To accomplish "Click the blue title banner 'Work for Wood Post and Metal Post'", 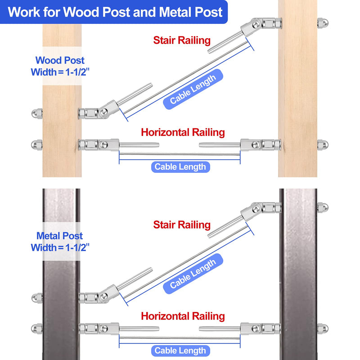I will [x=115, y=12].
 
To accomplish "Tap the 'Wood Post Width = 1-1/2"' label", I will [x=60, y=66].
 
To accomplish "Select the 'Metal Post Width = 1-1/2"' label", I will [x=60, y=242].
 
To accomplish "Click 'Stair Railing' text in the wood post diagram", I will [x=182, y=40].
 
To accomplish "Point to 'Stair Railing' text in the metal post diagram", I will [x=182, y=225].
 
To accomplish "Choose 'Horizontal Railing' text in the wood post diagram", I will [x=183, y=132].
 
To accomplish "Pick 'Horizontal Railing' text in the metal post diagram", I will [x=183, y=316].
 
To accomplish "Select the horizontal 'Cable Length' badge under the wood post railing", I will [x=180, y=167].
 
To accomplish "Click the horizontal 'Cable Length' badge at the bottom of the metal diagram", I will [x=180, y=351].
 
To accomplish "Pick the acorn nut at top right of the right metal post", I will [x=322, y=208].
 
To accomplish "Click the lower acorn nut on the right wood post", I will [x=322, y=145].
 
